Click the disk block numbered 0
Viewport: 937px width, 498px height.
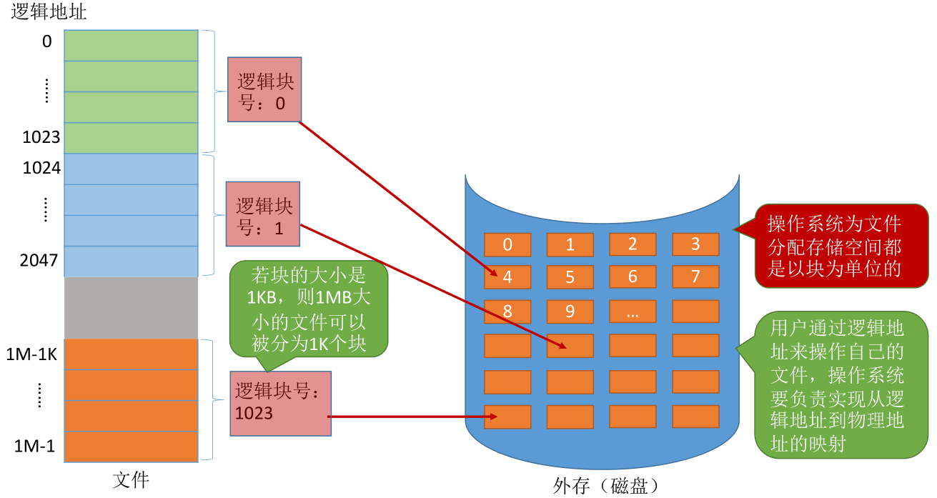pos(507,244)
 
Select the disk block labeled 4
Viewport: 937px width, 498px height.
pos(507,277)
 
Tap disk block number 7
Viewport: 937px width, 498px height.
pos(695,277)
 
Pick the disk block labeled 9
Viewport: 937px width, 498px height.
pos(570,312)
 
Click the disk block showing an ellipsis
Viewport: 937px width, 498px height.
pos(633,312)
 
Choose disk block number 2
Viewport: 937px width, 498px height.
pos(633,244)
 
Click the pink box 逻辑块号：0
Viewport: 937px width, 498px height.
pos(264,89)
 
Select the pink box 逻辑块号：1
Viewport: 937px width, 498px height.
pos(263,214)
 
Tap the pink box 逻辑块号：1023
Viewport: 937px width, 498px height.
pos(281,404)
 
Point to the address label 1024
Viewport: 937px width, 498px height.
pos(41,168)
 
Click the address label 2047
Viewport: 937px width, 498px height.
pos(39,261)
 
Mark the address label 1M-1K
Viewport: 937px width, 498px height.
pos(31,354)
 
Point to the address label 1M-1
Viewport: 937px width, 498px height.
pos(35,446)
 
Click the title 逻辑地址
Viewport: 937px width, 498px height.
pos(49,11)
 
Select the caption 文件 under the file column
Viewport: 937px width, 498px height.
pos(131,479)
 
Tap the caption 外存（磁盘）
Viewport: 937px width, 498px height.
pos(606,486)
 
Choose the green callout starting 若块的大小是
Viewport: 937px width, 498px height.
pos(309,309)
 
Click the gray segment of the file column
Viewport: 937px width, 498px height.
pos(131,308)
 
